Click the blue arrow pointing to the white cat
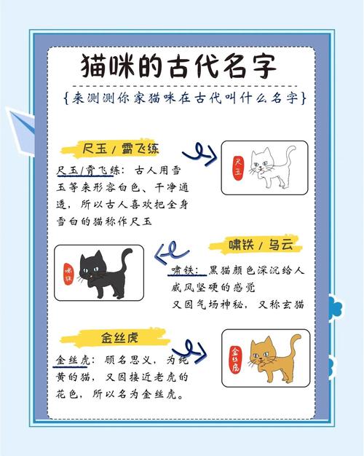pos(198,151)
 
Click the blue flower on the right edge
pos(336,310)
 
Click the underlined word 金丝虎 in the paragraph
pos(72,361)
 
